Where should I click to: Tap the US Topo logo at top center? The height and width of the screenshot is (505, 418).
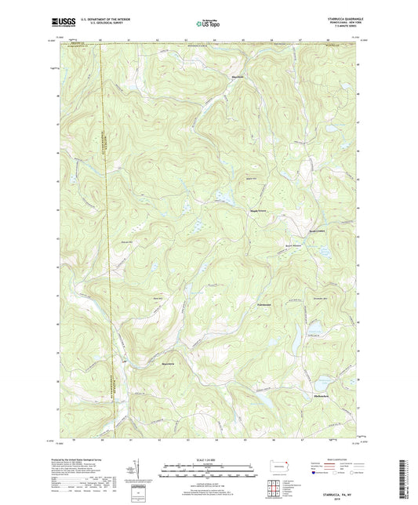(x=209, y=24)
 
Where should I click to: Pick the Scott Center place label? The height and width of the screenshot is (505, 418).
(x=294, y=230)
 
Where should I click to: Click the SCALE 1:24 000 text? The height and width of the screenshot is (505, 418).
(x=208, y=459)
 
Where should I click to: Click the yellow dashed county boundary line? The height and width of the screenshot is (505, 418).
(x=108, y=235)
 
